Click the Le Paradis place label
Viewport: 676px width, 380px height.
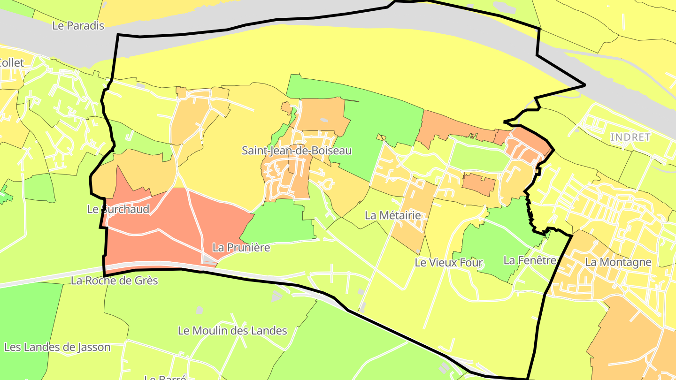coord(78,26)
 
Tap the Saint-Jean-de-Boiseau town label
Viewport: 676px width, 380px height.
coord(296,151)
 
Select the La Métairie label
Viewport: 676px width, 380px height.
coord(392,215)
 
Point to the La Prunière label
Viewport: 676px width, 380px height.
coord(241,247)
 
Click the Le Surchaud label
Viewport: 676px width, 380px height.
coord(118,209)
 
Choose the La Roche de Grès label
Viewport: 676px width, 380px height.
coord(115,281)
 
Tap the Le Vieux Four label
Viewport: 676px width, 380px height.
coord(448,263)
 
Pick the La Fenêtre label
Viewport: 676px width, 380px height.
coord(530,260)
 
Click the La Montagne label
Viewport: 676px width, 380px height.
coord(618,262)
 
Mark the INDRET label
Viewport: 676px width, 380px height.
coord(630,137)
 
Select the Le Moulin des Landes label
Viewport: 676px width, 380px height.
coord(232,331)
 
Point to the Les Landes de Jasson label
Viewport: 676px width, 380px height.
coord(57,348)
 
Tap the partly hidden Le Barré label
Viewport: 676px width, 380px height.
coord(165,377)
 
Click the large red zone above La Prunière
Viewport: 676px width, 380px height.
coord(188,220)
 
